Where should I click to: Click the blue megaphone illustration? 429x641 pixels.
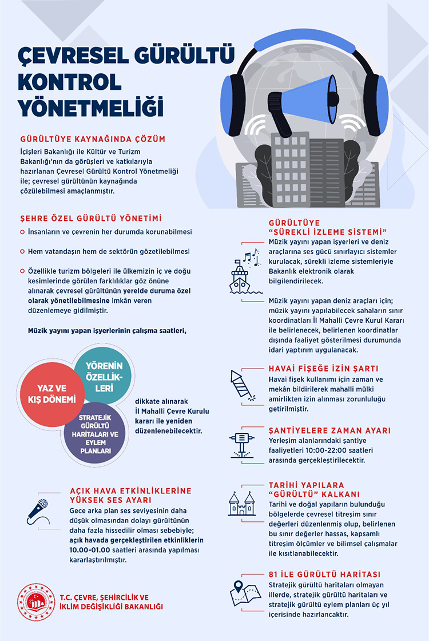pyautogui.click(x=304, y=102)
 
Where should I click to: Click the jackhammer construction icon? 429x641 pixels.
pyautogui.click(x=241, y=444)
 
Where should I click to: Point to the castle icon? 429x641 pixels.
pyautogui.click(x=241, y=504)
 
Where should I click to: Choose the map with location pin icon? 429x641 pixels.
pyautogui.click(x=245, y=593)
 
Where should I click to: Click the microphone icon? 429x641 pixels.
pyautogui.click(x=38, y=512)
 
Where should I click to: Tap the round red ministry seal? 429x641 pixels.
pyautogui.click(x=36, y=602)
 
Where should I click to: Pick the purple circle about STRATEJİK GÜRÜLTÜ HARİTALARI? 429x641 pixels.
pyautogui.click(x=96, y=434)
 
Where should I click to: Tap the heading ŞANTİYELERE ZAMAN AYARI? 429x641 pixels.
pyautogui.click(x=329, y=430)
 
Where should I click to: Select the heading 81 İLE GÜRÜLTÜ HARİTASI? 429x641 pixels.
pyautogui.click(x=324, y=575)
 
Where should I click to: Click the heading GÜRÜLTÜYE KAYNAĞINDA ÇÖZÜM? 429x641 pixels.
pyautogui.click(x=93, y=139)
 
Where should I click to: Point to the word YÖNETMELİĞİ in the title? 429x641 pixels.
pyautogui.click(x=91, y=108)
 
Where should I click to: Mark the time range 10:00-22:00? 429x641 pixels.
pyautogui.click(x=325, y=450)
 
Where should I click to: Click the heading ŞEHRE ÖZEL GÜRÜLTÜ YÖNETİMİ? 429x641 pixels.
pyautogui.click(x=91, y=218)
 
